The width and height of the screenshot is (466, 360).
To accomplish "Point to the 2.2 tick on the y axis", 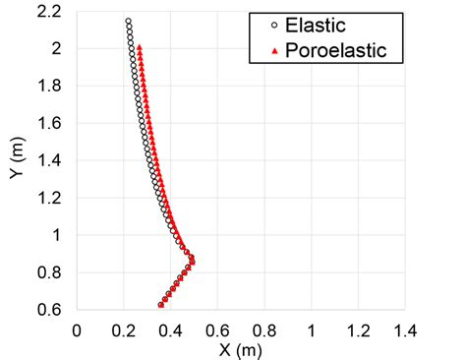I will (54, 11).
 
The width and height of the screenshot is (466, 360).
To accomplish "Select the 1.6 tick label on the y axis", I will (54, 123).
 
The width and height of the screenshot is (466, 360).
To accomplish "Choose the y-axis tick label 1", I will (63, 235).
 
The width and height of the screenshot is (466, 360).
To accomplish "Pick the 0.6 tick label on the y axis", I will (54, 310).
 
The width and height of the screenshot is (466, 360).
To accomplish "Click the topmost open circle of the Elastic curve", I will (128, 21).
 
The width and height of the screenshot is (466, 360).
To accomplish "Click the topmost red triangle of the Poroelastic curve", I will (140, 46).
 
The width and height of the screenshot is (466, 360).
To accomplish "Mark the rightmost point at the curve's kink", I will (192, 260).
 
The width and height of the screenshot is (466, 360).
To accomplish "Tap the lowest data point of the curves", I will (161, 305).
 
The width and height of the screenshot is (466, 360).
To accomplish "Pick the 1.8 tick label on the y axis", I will (54, 86).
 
